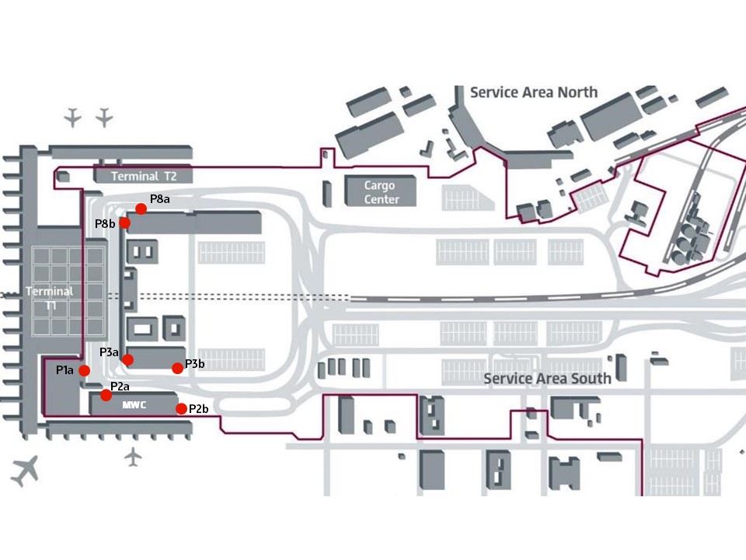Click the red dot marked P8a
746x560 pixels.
tap(141, 208)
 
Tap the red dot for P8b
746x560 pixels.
tap(124, 223)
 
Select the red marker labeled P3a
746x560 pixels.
tap(128, 359)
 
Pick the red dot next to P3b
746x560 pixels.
tap(177, 368)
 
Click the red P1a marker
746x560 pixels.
tap(85, 370)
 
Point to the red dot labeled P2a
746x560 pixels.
tap(106, 395)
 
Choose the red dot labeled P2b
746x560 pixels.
tap(181, 409)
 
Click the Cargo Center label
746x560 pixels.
tap(381, 192)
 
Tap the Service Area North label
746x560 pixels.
tap(534, 92)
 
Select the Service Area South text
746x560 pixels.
tap(547, 379)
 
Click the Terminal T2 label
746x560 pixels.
tap(144, 177)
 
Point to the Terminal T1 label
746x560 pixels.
tap(50, 298)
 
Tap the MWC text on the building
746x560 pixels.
tap(134, 405)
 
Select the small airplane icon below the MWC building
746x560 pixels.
tap(134, 457)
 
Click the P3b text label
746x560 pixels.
tap(194, 363)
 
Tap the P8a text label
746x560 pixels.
tap(160, 199)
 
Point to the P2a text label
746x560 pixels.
tap(120, 387)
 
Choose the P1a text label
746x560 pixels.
tap(64, 370)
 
